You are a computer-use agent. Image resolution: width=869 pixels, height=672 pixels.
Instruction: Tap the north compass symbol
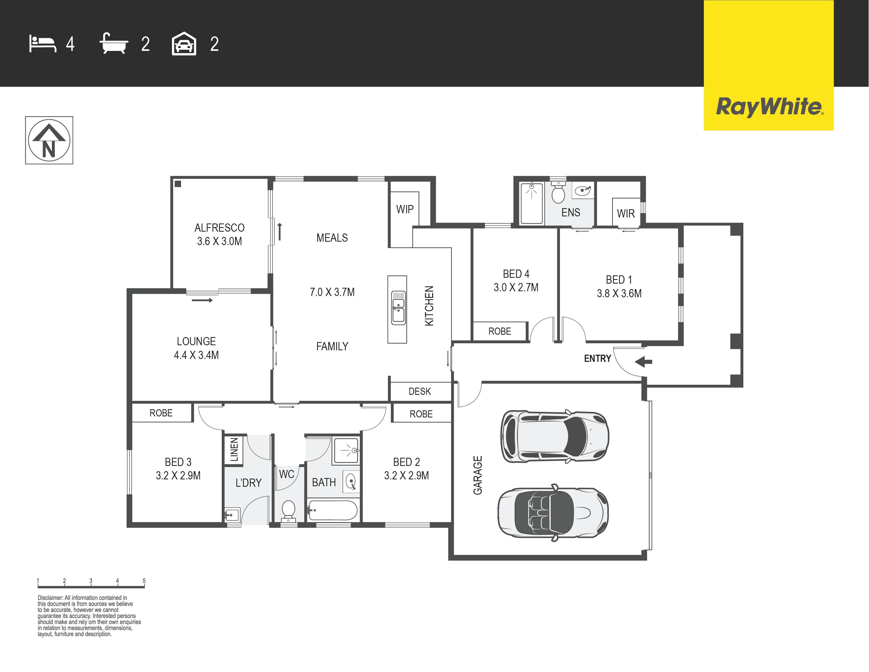point(49,140)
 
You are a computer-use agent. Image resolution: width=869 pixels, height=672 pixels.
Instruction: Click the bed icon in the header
point(43,44)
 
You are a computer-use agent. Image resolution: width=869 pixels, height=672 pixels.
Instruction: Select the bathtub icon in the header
point(114,43)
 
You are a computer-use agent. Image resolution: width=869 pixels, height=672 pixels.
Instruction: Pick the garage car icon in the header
point(184,43)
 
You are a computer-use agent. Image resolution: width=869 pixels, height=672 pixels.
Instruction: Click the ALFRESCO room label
point(219,228)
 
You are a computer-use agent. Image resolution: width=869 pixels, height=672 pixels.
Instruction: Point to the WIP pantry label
point(405,209)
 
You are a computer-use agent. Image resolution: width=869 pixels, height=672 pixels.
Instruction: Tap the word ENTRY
point(597,358)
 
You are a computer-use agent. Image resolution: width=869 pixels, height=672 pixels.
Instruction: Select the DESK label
point(420,391)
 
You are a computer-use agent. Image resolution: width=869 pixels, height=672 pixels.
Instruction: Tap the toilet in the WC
point(288,511)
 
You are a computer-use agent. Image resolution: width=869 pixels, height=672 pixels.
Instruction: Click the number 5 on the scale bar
point(144,581)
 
